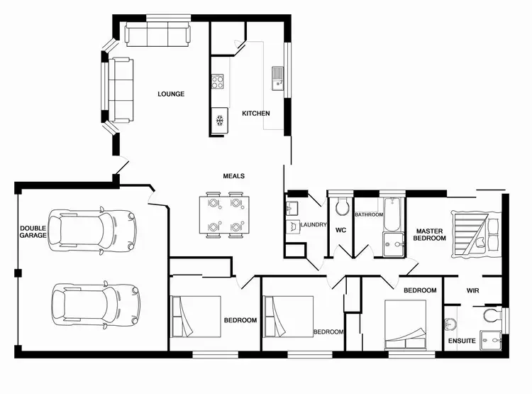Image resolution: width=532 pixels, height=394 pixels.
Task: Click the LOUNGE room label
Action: point(171,94)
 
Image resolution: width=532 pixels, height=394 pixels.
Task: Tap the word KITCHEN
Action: point(255,114)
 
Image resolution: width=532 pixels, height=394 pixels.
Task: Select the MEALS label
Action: point(233,176)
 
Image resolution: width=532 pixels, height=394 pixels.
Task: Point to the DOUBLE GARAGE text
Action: point(33,232)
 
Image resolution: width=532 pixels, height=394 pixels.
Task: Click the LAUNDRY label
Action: point(313,225)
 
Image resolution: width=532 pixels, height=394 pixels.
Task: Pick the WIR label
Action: point(473,290)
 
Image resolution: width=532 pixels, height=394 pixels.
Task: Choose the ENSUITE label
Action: point(462,341)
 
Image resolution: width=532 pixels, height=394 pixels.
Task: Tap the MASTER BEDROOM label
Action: point(431,235)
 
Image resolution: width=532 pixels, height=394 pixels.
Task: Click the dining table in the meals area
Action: point(224,215)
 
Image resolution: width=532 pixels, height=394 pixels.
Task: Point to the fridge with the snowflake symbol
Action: point(220,121)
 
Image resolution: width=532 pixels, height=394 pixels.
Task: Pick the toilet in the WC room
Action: point(341,207)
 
